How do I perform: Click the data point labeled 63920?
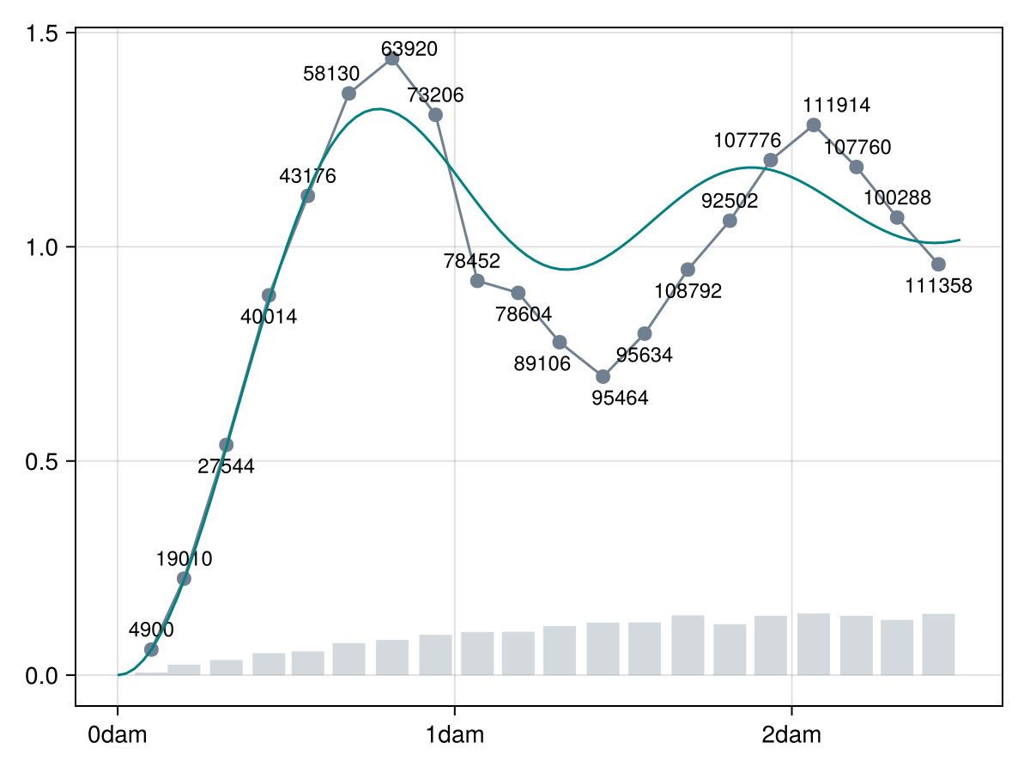(x=392, y=58)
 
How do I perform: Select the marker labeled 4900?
(x=151, y=649)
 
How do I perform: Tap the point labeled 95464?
(x=603, y=376)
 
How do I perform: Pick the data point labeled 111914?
(x=814, y=125)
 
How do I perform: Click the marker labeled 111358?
(x=938, y=264)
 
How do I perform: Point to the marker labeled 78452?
(x=478, y=281)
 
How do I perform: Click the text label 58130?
(x=331, y=75)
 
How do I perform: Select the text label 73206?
(x=435, y=95)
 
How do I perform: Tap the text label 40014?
(x=269, y=317)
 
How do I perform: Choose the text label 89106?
(x=542, y=364)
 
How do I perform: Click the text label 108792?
(x=688, y=291)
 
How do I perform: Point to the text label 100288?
(x=897, y=198)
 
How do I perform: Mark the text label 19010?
(x=184, y=559)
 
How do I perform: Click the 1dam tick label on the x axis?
(x=455, y=735)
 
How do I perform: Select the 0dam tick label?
(x=118, y=735)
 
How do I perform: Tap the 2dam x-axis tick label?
(x=791, y=735)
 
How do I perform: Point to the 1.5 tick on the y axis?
(x=42, y=33)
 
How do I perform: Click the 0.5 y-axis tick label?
(x=42, y=461)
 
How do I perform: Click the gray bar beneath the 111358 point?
(x=938, y=644)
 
